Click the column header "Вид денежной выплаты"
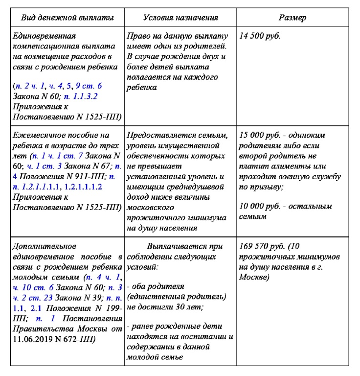(x=67, y=18)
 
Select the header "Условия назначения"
(x=180, y=18)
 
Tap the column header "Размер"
(x=292, y=18)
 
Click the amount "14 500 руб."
(x=260, y=36)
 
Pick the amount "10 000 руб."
(x=260, y=206)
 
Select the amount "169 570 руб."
(x=262, y=246)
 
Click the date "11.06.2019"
(x=31, y=339)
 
